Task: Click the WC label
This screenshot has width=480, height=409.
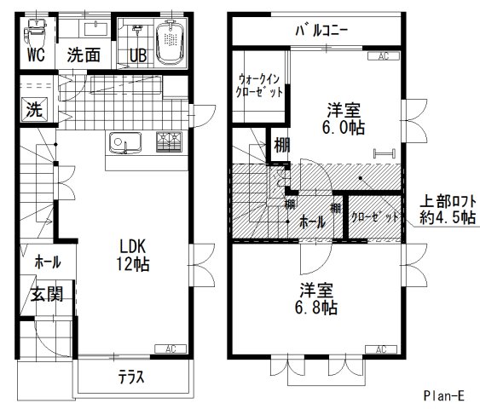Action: [34, 56]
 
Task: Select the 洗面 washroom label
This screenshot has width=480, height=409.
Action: [84, 53]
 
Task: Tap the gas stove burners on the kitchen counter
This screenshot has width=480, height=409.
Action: [169, 141]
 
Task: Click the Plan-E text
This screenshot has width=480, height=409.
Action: [445, 395]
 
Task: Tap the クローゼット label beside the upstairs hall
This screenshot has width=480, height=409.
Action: [375, 216]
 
